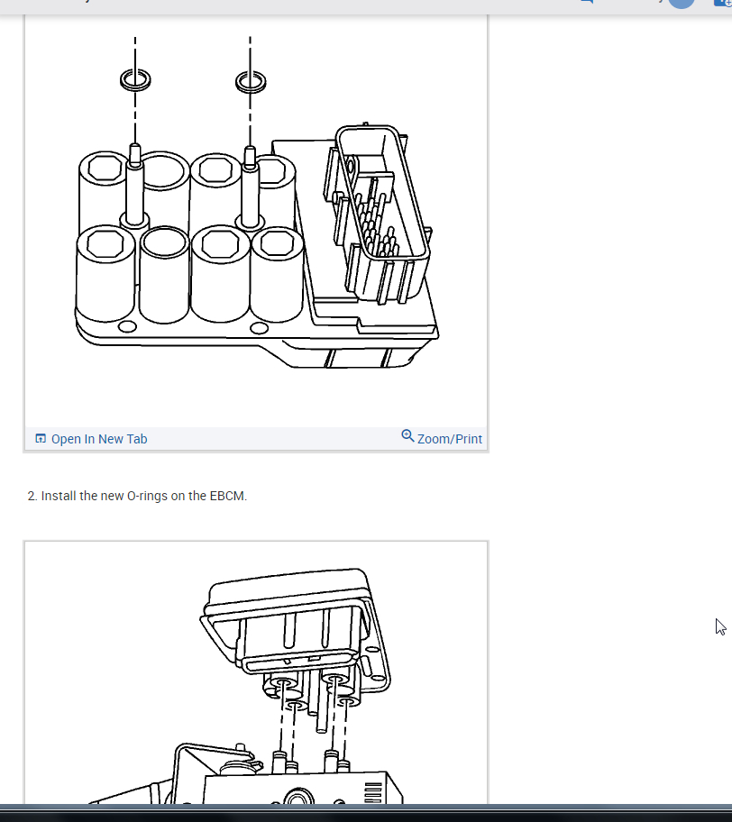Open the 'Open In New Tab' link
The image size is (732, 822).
point(99,439)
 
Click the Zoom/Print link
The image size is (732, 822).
point(449,439)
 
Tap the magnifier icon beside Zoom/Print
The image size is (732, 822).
point(407,435)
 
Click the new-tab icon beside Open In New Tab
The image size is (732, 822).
point(41,438)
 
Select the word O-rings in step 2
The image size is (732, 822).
point(147,496)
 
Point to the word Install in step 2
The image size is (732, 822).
point(59,496)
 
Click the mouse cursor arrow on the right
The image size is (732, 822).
point(720,626)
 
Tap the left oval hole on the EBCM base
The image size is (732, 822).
point(127,327)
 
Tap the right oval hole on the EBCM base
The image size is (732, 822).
point(259,328)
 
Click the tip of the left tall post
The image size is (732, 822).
point(134,146)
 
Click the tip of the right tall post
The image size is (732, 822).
point(250,149)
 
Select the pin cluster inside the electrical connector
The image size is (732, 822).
point(375,223)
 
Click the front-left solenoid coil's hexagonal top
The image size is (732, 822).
point(105,244)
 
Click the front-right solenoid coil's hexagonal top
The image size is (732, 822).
point(277,243)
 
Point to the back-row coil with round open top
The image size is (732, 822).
point(164,172)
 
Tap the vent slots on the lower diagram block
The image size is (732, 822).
point(373,792)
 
